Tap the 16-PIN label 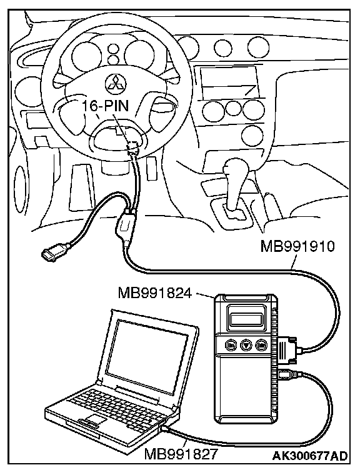(106, 106)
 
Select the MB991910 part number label (297, 247)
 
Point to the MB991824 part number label (155, 293)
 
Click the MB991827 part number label (181, 454)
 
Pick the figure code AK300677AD (310, 456)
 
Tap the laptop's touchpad (96, 419)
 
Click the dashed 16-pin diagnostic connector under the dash (132, 147)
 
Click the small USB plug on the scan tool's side (286, 375)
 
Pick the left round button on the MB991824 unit (231, 345)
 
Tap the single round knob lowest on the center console (252, 135)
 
